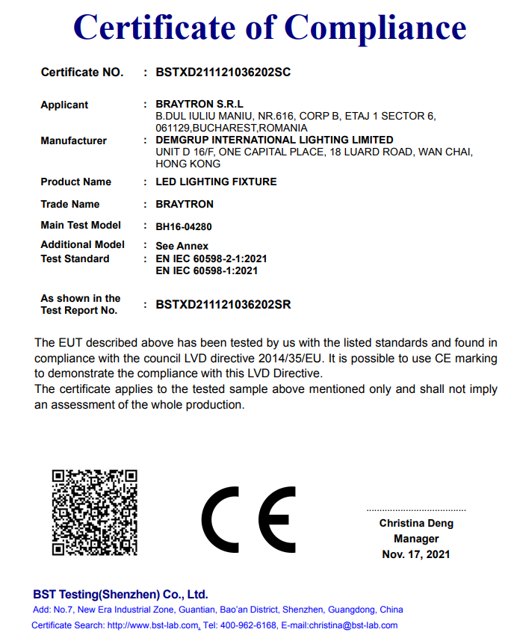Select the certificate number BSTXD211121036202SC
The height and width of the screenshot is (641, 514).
pyautogui.click(x=223, y=72)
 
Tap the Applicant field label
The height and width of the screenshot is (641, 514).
pyautogui.click(x=64, y=105)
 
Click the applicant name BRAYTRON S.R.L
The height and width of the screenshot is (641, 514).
pyautogui.click(x=199, y=105)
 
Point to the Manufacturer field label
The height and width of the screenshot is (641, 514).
pyautogui.click(x=73, y=140)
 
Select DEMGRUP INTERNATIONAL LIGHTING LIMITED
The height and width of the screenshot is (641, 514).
pyautogui.click(x=274, y=140)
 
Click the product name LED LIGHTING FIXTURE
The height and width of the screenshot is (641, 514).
pyautogui.click(x=216, y=182)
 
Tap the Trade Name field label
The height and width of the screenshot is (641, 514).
pyautogui.click(x=69, y=204)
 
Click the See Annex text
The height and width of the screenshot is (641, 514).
pyautogui.click(x=182, y=246)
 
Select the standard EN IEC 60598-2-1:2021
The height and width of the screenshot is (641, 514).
pyautogui.click(x=211, y=258)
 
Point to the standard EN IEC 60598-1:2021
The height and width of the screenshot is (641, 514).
pyautogui.click(x=206, y=270)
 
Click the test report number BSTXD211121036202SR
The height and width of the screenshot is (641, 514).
pyautogui.click(x=223, y=304)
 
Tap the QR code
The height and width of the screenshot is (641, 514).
pyautogui.click(x=94, y=512)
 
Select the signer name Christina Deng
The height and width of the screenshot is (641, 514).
pyautogui.click(x=416, y=523)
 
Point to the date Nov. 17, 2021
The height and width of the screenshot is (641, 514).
pyautogui.click(x=416, y=554)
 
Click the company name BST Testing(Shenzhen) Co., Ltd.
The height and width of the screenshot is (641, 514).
pyautogui.click(x=120, y=595)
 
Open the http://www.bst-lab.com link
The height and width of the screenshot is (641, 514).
pyautogui.click(x=153, y=625)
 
